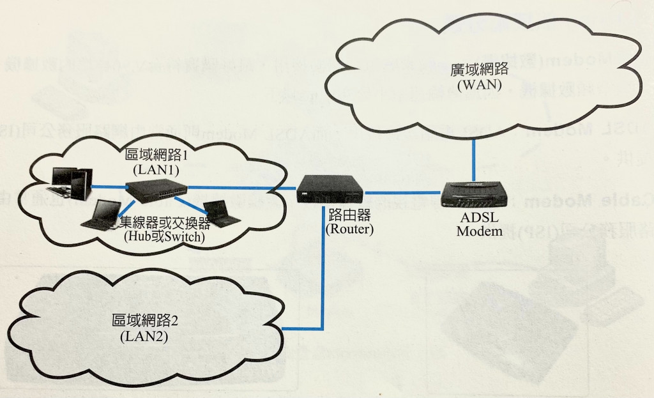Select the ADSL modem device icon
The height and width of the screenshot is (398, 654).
pyautogui.click(x=472, y=192)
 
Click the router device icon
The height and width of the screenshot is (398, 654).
pyautogui.click(x=330, y=188)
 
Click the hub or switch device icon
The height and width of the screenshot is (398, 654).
pyautogui.click(x=156, y=188)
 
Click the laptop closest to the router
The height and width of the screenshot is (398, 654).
pyautogui.click(x=221, y=213)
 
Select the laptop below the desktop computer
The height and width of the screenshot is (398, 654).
pyautogui.click(x=100, y=215)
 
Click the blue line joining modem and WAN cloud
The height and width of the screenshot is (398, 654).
pyautogui.click(x=473, y=160)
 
